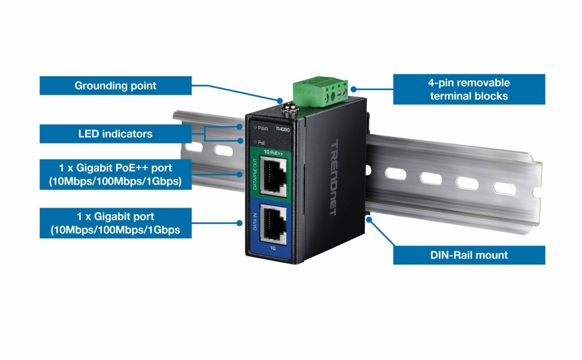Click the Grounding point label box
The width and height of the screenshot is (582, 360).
coord(115,85)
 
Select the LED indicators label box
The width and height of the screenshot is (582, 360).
coord(115,134)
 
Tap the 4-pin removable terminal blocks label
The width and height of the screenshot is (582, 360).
coord(469,89)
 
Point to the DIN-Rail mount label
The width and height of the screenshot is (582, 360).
coord(469,255)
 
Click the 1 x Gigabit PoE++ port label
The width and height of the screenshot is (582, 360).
coord(115,174)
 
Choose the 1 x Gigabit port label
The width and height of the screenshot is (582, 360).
coord(115,223)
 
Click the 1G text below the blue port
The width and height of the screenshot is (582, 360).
coord(273,247)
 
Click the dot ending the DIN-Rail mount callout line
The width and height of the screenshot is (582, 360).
coord(368,219)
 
